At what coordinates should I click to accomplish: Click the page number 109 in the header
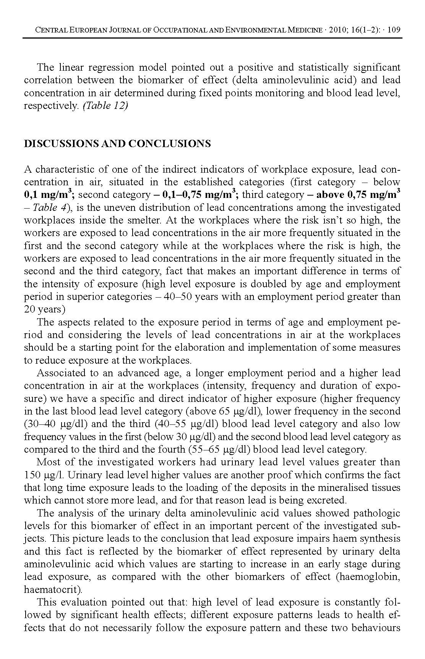click(x=394, y=30)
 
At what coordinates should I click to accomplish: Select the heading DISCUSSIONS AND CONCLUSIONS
click(x=117, y=144)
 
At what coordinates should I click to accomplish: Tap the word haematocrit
click(x=53, y=589)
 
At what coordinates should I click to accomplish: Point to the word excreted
click(x=328, y=500)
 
